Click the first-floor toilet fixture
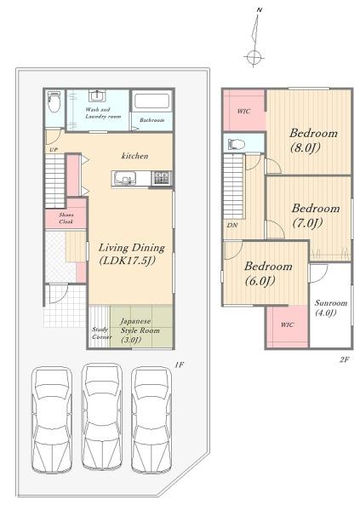[54, 101]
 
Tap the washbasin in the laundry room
[97, 96]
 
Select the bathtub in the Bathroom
[151, 101]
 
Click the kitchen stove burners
[162, 178]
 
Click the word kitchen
[134, 156]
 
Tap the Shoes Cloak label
[66, 218]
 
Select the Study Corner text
[101, 333]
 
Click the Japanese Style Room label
[140, 330]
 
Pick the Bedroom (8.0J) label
[313, 141]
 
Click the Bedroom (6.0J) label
[268, 273]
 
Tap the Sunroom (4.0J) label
[330, 307]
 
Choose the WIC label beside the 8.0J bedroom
[243, 111]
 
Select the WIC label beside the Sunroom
[287, 324]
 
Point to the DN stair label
[232, 225]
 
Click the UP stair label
[54, 150]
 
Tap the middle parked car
[102, 416]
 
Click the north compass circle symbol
[254, 57]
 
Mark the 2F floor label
[345, 359]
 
